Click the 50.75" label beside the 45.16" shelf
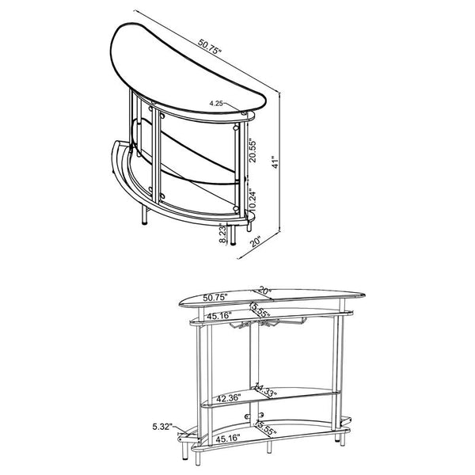pyautogui.click(x=215, y=298)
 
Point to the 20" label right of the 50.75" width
pyautogui.click(x=264, y=291)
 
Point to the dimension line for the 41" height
pyautogui.click(x=279, y=158)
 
